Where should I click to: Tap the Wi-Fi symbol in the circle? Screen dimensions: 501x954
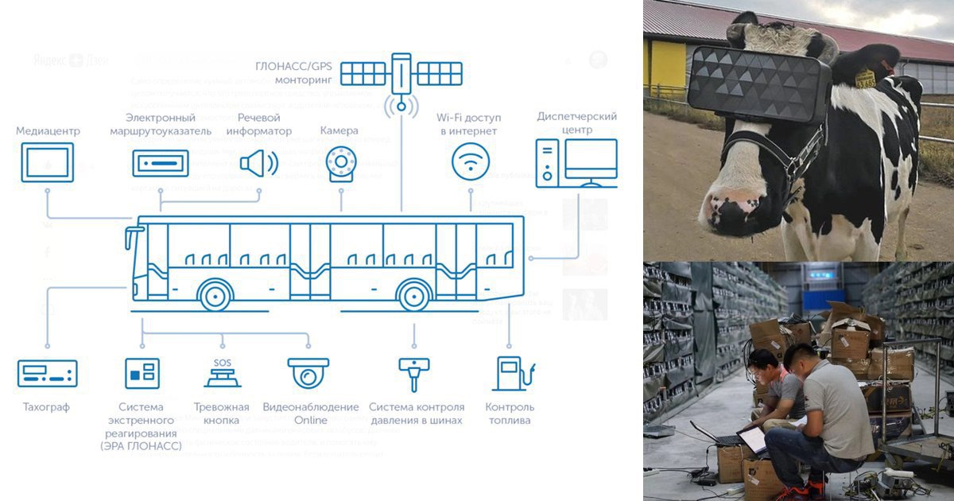click(471, 161)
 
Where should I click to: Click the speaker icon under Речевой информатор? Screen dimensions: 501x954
click(258, 163)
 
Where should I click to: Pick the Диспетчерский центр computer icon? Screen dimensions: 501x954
click(576, 163)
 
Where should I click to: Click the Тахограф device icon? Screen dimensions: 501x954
click(48, 373)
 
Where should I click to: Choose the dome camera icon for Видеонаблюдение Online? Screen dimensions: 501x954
click(308, 372)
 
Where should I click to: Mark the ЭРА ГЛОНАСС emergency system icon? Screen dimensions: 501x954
click(142, 373)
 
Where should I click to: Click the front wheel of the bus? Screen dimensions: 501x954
click(215, 295)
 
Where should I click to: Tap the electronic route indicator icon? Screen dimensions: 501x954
click(161, 164)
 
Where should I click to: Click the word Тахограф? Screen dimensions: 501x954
click(47, 407)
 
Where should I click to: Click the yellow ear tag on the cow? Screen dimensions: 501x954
click(864, 78)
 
